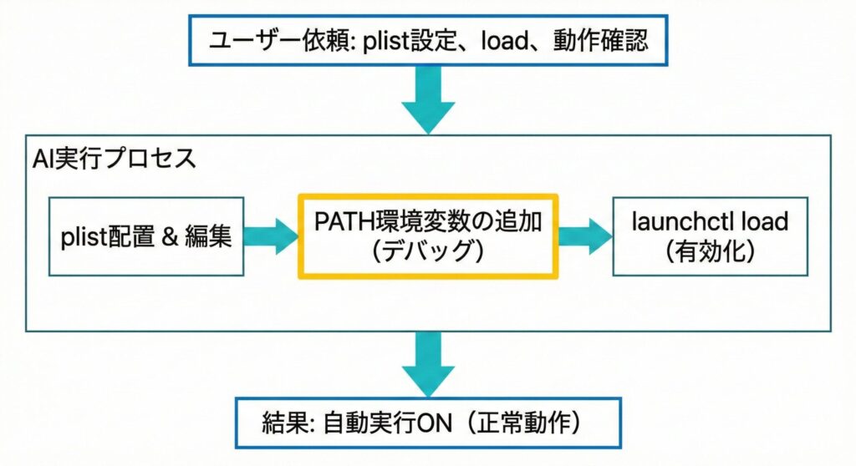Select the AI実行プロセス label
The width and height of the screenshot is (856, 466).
click(x=114, y=159)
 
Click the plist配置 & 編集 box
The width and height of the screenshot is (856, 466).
click(x=146, y=236)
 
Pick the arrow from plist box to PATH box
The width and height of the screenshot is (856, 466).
click(x=271, y=236)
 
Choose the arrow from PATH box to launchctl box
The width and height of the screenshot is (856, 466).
click(x=584, y=236)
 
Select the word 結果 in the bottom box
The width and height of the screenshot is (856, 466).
click(x=288, y=423)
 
